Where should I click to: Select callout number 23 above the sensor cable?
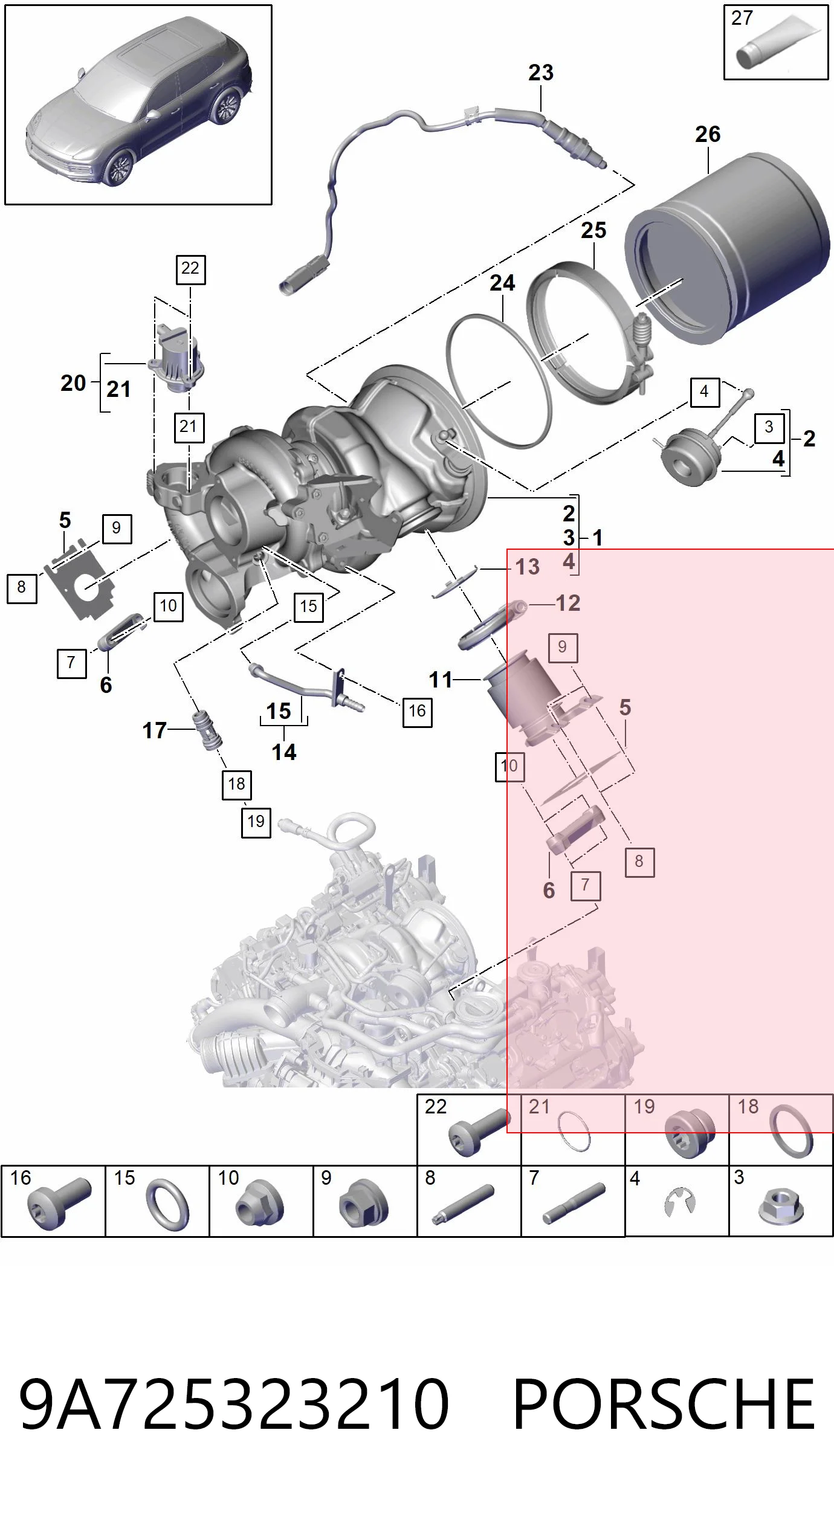coord(541,72)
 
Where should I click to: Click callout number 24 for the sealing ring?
coord(502,283)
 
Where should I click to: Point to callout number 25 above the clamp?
coord(593,230)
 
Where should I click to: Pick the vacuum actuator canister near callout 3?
coord(689,457)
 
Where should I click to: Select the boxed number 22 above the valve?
coord(190,269)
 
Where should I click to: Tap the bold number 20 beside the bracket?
coord(74,383)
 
